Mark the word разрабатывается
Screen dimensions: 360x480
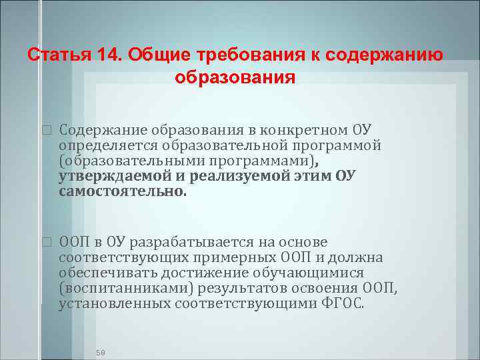pos(185,241)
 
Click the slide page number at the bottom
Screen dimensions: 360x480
pos(101,351)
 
